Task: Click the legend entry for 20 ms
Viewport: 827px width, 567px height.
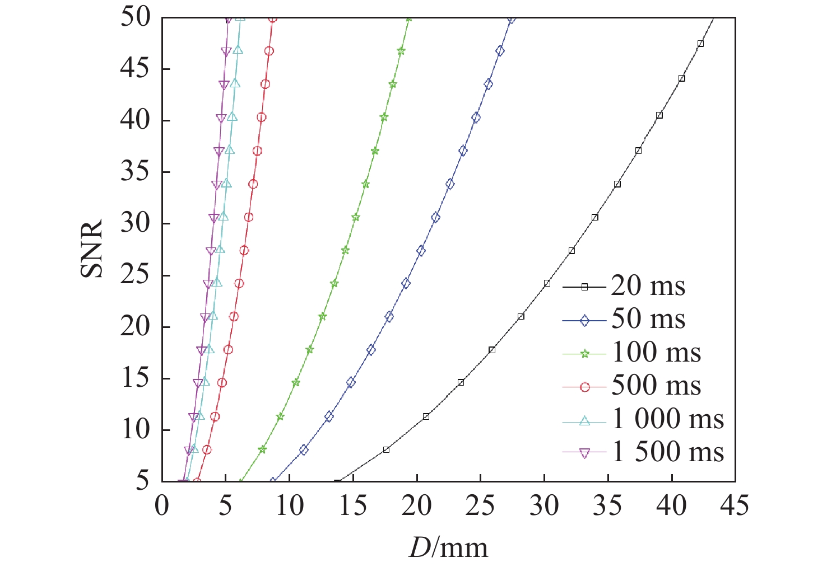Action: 648,286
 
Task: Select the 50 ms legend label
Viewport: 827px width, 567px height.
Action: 648,319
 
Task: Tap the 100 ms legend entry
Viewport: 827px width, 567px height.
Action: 656,353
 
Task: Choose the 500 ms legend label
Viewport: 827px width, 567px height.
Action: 656,386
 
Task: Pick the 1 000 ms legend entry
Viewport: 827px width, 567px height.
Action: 667,419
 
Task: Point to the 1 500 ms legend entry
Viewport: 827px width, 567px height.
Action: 667,452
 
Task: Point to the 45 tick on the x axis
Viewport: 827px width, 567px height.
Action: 735,506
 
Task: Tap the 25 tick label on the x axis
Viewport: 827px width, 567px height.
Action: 480,506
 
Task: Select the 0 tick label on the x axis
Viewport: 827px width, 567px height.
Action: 162,506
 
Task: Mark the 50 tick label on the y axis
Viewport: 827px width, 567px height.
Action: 136,18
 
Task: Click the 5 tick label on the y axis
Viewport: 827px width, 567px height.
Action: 142,481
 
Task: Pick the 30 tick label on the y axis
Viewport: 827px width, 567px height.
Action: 136,224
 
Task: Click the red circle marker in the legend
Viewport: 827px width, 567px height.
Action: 584,387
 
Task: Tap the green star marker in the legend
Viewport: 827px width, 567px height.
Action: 584,354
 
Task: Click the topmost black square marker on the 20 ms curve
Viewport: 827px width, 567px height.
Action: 700,44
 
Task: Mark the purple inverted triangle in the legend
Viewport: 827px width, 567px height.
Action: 584,453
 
